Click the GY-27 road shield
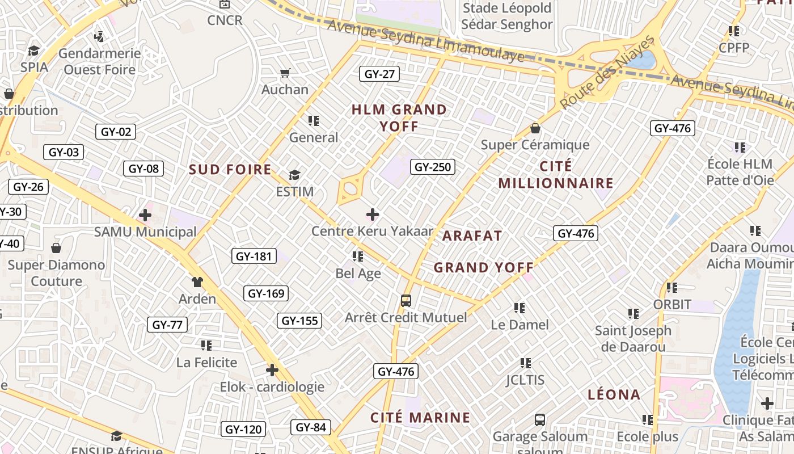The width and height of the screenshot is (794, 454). [x=379, y=74]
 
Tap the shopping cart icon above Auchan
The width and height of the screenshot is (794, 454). [x=285, y=73]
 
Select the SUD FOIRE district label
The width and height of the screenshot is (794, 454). [x=230, y=169]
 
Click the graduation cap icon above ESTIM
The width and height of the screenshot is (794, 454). [x=294, y=174]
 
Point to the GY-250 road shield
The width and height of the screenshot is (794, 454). [x=433, y=167]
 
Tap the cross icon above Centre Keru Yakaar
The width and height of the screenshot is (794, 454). [x=373, y=215]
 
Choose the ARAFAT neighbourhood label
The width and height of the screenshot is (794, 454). [x=472, y=236]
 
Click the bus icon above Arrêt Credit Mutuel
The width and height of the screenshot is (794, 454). [x=406, y=301]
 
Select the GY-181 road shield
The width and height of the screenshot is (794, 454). [x=254, y=256]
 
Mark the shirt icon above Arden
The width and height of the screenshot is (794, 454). [x=197, y=282]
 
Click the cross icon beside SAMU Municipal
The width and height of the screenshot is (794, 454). [x=145, y=215]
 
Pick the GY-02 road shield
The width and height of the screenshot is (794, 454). [x=116, y=132]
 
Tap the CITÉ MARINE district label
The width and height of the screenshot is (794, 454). [x=420, y=418]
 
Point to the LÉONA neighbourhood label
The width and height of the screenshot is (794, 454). [x=614, y=394]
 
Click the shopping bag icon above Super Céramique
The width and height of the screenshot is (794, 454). [x=535, y=129]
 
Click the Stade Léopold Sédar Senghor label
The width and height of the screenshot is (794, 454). [x=506, y=16]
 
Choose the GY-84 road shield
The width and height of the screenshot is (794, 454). [x=311, y=427]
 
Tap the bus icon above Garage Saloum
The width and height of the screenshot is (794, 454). [x=540, y=420]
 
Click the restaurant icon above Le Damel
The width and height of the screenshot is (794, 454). [x=520, y=308]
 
